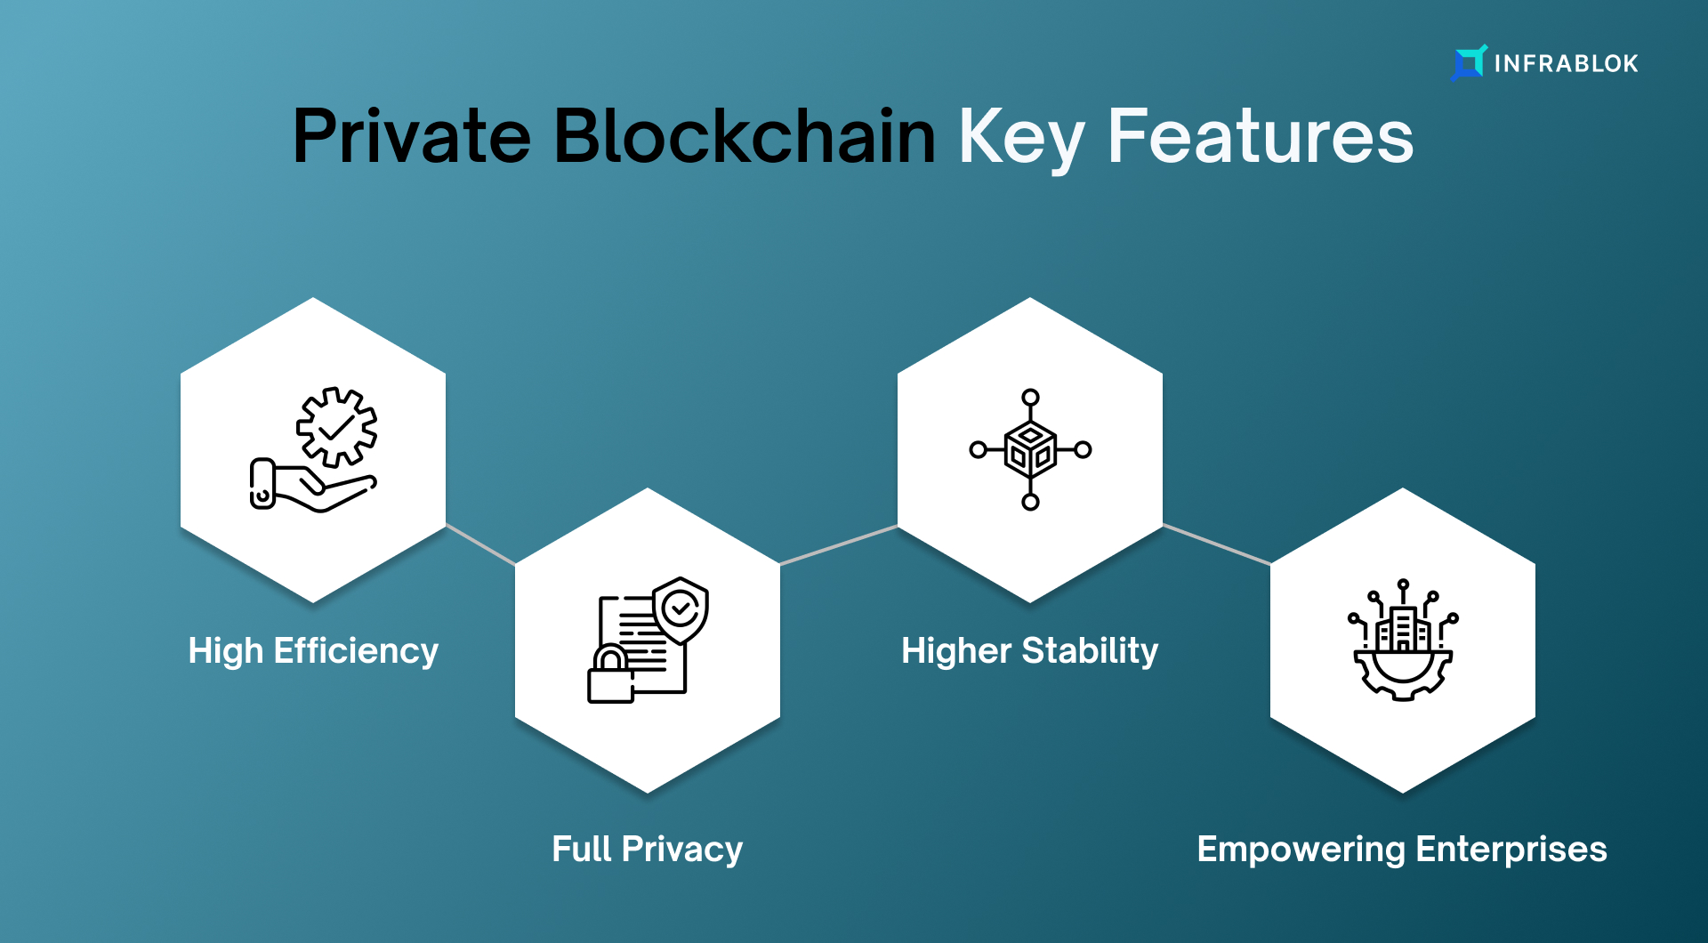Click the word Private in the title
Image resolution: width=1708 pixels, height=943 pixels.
pos(412,136)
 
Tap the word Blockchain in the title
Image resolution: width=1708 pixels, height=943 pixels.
pos(745,136)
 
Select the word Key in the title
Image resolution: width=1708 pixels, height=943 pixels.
pos(1021,140)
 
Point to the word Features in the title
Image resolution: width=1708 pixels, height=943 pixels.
pos(1261,136)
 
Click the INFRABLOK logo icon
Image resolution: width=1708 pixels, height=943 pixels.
pos(1469,62)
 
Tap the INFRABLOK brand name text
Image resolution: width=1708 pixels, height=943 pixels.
pos(1566,64)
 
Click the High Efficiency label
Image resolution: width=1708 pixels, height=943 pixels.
pos(313,652)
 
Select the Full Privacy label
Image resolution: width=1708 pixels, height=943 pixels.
pos(647,850)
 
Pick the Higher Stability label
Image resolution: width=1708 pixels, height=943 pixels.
pos(1030,652)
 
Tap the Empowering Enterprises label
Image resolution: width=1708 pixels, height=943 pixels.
pos(1402,850)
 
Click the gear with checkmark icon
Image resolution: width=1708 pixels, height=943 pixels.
pos(336,427)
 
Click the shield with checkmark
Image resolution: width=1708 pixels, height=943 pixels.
pos(681,610)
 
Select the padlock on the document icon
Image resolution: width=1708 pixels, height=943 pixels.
pos(610,675)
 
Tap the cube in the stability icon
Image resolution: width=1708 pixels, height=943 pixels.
pos(1030,450)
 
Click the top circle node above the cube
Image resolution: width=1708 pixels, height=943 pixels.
pos(1030,397)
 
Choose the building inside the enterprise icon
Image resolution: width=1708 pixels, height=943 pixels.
pos(1403,628)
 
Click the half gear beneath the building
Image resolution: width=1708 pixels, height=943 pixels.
pos(1403,677)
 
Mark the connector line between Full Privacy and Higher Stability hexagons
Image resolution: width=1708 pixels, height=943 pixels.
pos(839,544)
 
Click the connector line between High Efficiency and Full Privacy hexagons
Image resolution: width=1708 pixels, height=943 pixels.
pos(480,544)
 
